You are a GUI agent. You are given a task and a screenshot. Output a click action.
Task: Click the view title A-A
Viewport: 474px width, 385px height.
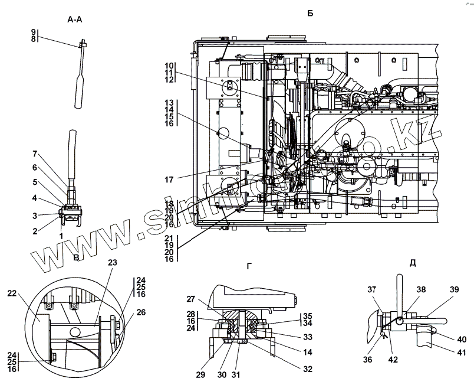(75, 19)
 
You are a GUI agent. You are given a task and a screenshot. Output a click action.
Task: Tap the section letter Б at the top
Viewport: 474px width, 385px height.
(310, 13)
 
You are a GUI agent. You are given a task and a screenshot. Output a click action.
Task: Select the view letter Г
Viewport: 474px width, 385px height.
(249, 267)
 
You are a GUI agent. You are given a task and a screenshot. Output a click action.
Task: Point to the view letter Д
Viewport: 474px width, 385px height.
(412, 263)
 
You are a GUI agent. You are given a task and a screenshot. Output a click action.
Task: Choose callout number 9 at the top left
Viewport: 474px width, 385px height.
(34, 31)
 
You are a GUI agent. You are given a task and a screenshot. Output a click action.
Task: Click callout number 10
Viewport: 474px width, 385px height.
(169, 66)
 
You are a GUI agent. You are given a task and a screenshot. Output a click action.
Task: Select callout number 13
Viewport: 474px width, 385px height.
(169, 102)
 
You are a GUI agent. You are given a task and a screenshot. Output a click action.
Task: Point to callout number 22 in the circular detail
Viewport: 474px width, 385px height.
(13, 293)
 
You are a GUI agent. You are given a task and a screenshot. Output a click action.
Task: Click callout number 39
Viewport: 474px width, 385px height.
(453, 289)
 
